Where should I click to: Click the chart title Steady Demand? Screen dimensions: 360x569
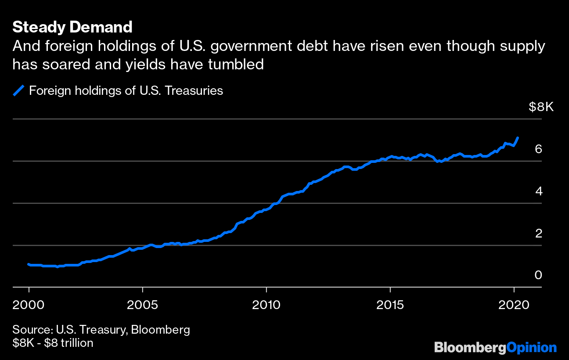coord(72,27)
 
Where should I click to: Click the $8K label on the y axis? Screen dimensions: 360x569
coord(541,107)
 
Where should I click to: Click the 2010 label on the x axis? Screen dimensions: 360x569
coord(266,304)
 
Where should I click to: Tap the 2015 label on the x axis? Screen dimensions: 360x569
coord(390,304)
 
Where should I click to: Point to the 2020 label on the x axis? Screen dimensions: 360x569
coord(514,304)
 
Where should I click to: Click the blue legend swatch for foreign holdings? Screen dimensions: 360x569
coord(18,91)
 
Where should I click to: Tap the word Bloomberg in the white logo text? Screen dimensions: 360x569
coord(470,348)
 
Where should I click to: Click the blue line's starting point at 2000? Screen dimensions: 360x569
coord(29,264)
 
